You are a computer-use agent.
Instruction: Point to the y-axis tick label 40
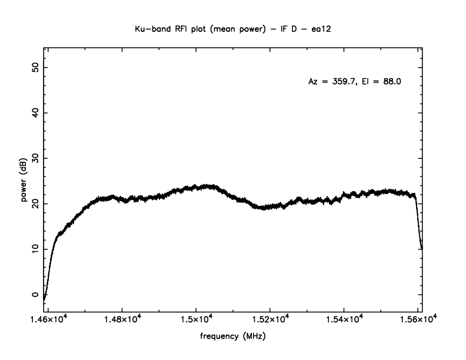click(35, 112)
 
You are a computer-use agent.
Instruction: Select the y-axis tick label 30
click(35, 158)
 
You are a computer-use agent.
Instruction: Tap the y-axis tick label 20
click(35, 204)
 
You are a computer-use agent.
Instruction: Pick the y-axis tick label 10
click(35, 249)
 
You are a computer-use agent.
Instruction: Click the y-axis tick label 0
click(35, 295)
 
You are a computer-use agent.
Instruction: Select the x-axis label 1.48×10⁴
click(122, 319)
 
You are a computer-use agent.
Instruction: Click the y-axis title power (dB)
click(25, 182)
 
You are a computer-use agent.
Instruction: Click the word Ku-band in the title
click(152, 28)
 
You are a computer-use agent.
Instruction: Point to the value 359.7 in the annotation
click(341, 82)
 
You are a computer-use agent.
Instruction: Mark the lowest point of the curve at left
click(44, 299)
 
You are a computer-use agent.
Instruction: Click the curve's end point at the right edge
click(421, 249)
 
